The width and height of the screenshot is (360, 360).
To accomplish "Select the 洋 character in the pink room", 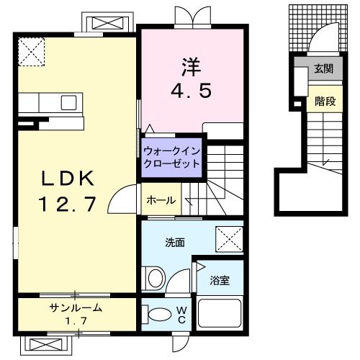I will pyautogui.click(x=190, y=66).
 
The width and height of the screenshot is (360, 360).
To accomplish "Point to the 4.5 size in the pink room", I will pyautogui.click(x=190, y=91).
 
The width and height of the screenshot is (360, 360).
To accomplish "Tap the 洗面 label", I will pyautogui.click(x=175, y=243).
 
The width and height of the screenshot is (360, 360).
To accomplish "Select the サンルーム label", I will pyautogui.click(x=76, y=308).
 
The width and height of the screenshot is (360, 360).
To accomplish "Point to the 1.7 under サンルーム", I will pyautogui.click(x=76, y=320).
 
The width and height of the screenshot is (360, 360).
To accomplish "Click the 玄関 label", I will pyautogui.click(x=323, y=69).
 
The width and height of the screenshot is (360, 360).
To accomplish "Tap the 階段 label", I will pyautogui.click(x=325, y=102).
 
